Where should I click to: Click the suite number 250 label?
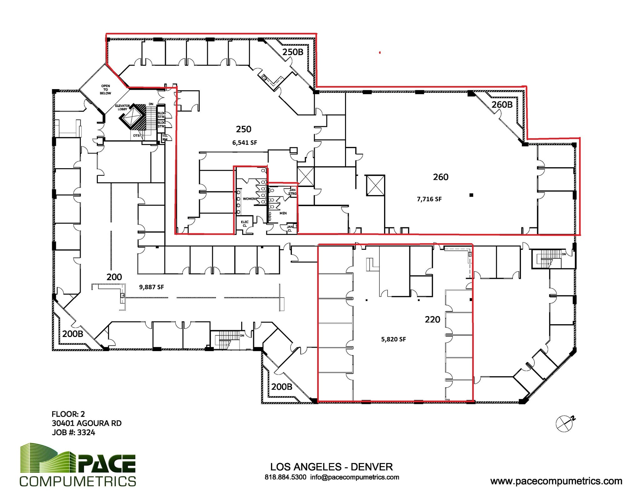[x=243, y=129]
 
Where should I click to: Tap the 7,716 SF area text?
[x=429, y=199]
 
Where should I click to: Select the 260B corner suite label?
[x=502, y=104]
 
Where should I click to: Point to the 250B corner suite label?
[x=293, y=52]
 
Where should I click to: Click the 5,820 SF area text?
[x=393, y=339]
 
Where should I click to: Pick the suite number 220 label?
[x=432, y=319]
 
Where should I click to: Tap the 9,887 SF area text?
[x=151, y=287]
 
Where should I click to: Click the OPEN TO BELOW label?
[x=106, y=89]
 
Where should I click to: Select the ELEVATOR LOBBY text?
[x=122, y=108]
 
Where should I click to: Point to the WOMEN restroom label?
[x=249, y=199]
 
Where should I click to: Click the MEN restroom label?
[x=283, y=213]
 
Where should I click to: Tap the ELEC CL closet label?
[x=245, y=224]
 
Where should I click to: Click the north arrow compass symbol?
[x=565, y=423]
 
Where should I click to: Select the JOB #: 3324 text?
[x=73, y=432]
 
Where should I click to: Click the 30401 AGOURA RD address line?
[x=87, y=423]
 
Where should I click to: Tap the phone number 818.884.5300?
[x=285, y=477]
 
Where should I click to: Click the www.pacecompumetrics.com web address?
[x=556, y=481]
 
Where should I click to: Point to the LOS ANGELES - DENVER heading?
[x=331, y=467]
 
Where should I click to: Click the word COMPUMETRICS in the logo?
[x=78, y=481]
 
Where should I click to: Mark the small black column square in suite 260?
[x=472, y=195]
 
